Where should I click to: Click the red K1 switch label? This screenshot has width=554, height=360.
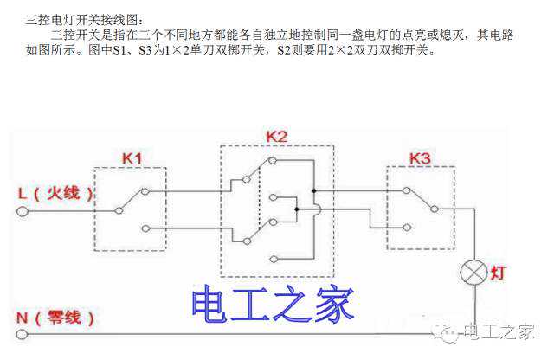coord(132,158)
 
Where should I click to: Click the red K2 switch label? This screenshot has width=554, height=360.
coord(277,137)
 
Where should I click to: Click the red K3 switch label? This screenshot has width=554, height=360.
coord(420,158)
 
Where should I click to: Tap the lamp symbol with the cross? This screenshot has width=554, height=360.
coord(473,273)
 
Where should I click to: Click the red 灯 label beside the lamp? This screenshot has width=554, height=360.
coord(499,273)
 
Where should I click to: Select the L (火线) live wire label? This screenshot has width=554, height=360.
coord(55,194)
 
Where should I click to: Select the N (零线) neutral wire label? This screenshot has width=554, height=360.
coord(55,318)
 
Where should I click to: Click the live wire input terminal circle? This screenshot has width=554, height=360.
coord(23,212)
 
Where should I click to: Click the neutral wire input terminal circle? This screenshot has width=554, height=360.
coord(22,334)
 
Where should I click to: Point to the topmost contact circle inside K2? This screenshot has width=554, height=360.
coord(272,161)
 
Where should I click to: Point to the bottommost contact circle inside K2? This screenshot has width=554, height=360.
coord(274,260)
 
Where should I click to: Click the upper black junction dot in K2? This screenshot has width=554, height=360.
coord(313,190)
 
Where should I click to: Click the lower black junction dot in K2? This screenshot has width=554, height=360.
coord(296,209)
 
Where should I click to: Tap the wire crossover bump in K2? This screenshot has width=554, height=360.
coord(319,209)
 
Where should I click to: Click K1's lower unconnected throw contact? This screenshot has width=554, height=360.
coord(145,228)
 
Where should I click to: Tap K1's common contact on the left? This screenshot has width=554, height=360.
coord(119,210)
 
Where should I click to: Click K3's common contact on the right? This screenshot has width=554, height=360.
coord(435,209)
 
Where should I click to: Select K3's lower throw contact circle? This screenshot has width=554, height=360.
coord(407,228)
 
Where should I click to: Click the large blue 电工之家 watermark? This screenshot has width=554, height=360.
coord(273,304)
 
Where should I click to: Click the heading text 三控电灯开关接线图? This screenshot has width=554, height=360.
coord(85,20)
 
